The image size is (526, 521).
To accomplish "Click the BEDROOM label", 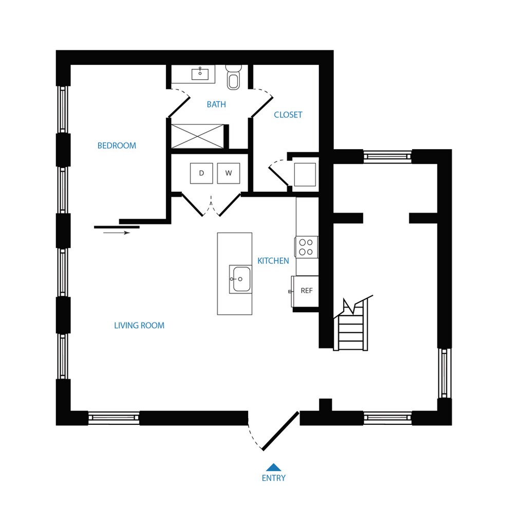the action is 117,146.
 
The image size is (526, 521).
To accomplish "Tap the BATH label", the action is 216,104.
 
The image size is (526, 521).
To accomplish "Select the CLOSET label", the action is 288,115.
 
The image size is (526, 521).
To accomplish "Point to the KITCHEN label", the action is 273,261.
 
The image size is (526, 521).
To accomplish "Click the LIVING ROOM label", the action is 139,325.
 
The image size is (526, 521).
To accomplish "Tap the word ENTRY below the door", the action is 274,478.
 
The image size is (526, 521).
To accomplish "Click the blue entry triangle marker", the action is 274,467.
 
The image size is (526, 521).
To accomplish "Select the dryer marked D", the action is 201,173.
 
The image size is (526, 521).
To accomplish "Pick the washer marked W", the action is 229,173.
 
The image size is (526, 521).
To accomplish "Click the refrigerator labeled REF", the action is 305,291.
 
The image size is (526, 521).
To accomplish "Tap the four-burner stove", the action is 306,247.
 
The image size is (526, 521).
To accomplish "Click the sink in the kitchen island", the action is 240,279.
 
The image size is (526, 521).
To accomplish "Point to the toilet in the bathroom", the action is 234,77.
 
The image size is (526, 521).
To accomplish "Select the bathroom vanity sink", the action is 200,74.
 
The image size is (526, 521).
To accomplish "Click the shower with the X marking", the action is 197,136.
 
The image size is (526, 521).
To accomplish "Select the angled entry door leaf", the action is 280,431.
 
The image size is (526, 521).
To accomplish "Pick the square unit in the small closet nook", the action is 305,175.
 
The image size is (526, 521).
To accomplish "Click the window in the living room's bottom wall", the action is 114,418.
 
